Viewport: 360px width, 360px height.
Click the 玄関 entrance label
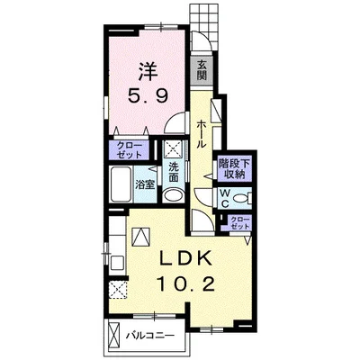click(202, 69)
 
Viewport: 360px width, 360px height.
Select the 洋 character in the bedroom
click(148, 72)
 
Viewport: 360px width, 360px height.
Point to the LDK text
click(185, 258)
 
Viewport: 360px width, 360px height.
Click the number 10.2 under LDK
click(185, 283)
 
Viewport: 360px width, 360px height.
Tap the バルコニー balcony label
click(149, 335)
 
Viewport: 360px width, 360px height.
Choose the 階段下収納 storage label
click(234, 169)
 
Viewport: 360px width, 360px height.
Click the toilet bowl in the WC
click(241, 198)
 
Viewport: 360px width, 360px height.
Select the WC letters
click(225, 198)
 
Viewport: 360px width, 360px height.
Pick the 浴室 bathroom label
click(145, 185)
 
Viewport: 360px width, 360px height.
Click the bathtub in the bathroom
click(121, 185)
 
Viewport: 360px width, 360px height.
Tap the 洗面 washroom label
click(174, 172)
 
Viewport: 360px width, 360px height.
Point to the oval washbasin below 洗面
click(174, 195)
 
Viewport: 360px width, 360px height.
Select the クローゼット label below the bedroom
click(130, 150)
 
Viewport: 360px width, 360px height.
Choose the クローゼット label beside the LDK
click(239, 223)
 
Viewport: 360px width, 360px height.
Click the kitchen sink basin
click(117, 263)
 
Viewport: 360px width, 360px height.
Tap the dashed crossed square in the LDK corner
click(118, 290)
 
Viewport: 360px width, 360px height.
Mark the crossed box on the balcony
click(114, 335)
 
